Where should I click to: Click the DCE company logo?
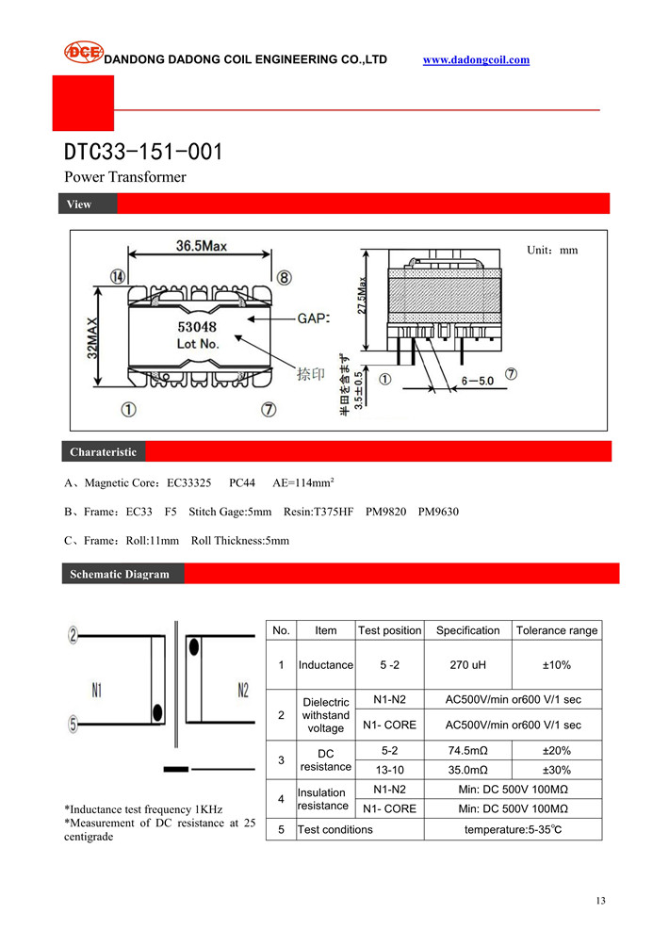(82, 53)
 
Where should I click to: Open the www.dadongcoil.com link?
(476, 60)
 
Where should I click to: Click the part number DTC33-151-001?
(143, 152)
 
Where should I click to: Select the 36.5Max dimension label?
(201, 247)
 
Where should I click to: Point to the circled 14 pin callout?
(118, 277)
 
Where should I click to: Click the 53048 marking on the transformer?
(198, 327)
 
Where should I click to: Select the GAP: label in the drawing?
(314, 319)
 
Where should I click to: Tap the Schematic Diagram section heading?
(120, 574)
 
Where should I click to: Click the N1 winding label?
(96, 690)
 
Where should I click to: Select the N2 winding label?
(243, 690)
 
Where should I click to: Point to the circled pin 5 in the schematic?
(73, 725)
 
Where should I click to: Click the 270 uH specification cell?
(467, 665)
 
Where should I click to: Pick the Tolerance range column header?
(556, 630)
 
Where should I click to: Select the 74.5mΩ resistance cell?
(467, 751)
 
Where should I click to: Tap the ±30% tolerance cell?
(556, 770)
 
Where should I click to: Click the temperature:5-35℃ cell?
(513, 829)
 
